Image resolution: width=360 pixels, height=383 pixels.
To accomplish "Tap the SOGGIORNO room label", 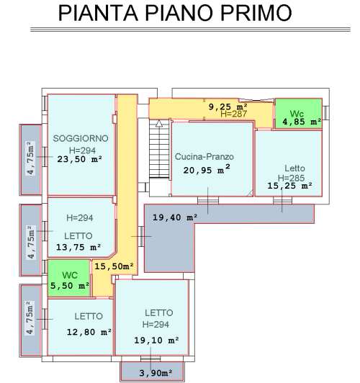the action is [x=81, y=138].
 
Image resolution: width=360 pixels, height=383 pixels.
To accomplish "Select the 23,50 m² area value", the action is [x=80, y=159].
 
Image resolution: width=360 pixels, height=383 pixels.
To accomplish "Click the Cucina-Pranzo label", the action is [x=204, y=156].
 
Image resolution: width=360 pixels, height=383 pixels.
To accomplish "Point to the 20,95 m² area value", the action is [x=207, y=169].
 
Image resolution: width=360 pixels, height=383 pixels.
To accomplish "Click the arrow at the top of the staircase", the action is [x=159, y=123].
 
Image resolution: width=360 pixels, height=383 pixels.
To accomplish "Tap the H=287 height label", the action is [x=234, y=114].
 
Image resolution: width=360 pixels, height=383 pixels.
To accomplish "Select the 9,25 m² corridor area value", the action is [x=228, y=107].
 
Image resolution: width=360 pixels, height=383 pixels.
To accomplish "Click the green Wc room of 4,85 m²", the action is [x=299, y=113].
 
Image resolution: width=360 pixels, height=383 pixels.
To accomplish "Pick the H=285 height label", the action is [x=291, y=178].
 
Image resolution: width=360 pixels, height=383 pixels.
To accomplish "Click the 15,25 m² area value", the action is [x=290, y=186].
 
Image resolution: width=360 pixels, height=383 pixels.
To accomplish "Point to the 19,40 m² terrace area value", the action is [x=175, y=217].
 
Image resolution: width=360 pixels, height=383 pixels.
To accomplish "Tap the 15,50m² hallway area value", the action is [x=114, y=266].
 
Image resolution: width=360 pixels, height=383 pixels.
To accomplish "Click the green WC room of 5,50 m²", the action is [x=69, y=278].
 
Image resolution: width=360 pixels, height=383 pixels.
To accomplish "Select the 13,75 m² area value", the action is [x=78, y=247].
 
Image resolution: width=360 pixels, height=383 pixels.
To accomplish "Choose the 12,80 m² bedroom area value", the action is [x=89, y=332].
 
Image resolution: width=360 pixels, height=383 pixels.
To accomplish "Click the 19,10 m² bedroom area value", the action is [x=156, y=341].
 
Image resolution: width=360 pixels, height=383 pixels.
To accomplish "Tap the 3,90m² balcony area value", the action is [x=156, y=373].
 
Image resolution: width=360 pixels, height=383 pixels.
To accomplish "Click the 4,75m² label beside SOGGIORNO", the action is [x=30, y=158].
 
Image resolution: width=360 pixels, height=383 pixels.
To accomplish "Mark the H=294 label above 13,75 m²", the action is [x=80, y=218].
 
